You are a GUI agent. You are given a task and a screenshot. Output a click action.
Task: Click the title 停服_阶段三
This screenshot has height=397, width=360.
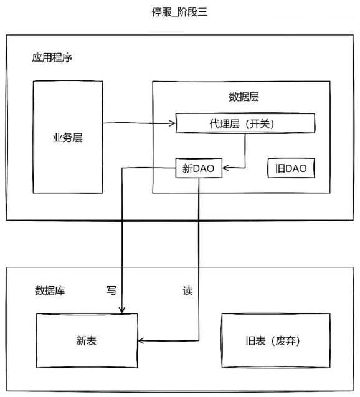pyautogui.click(x=179, y=12)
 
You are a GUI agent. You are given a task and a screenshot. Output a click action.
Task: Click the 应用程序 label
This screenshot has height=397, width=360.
pyautogui.click(x=52, y=57)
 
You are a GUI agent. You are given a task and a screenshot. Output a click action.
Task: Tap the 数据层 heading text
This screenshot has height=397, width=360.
pyautogui.click(x=244, y=97)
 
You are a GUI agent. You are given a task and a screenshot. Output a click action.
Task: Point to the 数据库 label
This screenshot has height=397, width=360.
pyautogui.click(x=50, y=290)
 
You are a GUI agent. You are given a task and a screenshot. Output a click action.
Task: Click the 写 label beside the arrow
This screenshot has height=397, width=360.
pyautogui.click(x=111, y=290)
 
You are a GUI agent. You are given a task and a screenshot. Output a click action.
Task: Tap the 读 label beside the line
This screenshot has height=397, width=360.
pyautogui.click(x=187, y=290)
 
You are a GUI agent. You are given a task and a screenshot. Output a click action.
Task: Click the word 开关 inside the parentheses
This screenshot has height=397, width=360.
pyautogui.click(x=260, y=124)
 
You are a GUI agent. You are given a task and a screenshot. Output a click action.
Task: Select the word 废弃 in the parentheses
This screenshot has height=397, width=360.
pyautogui.click(x=285, y=341)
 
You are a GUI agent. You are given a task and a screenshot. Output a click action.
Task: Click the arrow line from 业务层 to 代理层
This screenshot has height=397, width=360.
pyautogui.click(x=139, y=123)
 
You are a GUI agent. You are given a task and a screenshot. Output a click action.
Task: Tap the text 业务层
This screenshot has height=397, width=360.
pyautogui.click(x=67, y=138)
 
